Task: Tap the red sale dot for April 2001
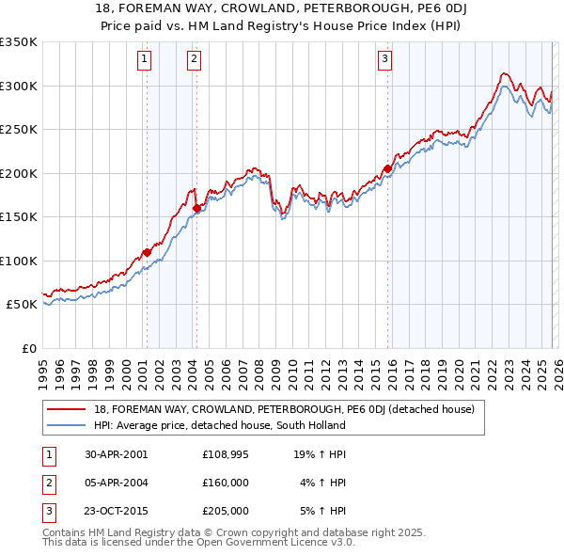(x=147, y=252)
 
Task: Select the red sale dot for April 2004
(x=196, y=208)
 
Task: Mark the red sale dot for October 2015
(x=387, y=169)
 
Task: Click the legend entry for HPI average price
(x=219, y=425)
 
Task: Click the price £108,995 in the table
(x=226, y=454)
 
